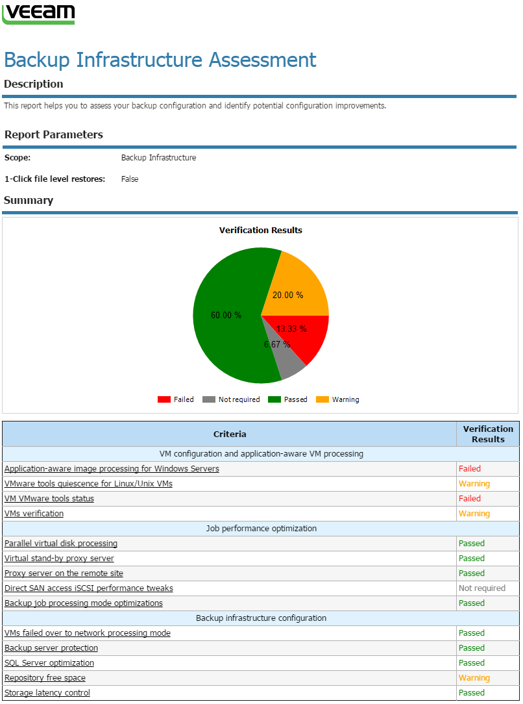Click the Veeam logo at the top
click(38, 13)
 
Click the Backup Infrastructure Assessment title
click(160, 60)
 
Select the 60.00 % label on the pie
click(226, 315)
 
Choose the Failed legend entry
click(176, 399)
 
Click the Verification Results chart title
click(260, 230)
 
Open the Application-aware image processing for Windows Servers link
click(112, 468)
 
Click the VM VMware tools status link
click(49, 498)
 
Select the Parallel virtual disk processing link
click(61, 543)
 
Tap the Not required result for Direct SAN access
click(481, 588)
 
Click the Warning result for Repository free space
click(474, 677)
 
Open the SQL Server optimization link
click(49, 662)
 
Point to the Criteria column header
click(230, 434)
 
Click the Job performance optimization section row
click(261, 528)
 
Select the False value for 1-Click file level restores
click(130, 179)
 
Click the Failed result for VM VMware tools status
click(469, 498)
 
